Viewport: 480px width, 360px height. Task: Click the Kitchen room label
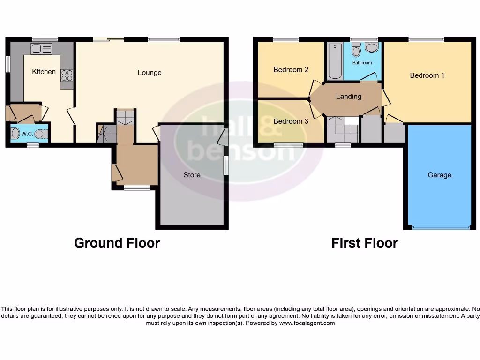click(44, 72)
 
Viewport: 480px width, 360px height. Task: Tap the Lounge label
click(150, 73)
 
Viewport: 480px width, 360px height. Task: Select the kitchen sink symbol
click(42, 48)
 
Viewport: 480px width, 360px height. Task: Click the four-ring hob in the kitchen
click(67, 75)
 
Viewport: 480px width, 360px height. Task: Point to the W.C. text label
click(27, 134)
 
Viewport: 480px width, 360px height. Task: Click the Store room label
click(192, 175)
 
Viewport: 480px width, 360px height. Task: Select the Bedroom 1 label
click(427, 75)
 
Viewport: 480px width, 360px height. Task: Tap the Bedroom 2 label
click(291, 70)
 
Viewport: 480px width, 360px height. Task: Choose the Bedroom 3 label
click(291, 121)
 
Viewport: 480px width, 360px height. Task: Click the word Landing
click(349, 96)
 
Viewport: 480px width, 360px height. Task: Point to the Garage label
click(439, 175)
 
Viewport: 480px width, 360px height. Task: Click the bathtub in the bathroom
click(335, 61)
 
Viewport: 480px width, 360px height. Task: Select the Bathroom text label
click(362, 63)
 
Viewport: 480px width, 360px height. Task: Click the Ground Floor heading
click(117, 243)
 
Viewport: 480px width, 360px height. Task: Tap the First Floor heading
click(364, 243)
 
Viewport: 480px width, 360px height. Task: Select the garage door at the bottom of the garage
click(441, 228)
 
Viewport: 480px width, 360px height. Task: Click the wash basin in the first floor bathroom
click(372, 48)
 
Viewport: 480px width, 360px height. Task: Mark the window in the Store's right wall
click(226, 165)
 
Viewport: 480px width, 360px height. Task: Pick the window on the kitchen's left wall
click(7, 64)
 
